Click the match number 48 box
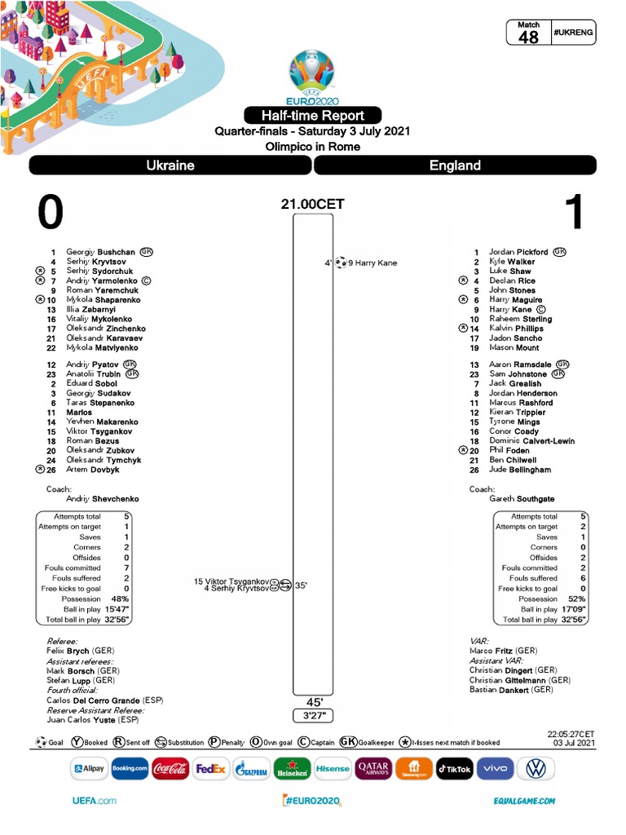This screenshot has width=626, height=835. coord(528,33)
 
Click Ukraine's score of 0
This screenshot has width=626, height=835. coord(51,213)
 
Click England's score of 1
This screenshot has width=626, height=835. coord(574,213)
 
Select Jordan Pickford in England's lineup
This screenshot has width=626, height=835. coord(518,253)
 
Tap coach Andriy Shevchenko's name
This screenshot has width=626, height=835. coord(103,499)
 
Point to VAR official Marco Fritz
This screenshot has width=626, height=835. coord(504,652)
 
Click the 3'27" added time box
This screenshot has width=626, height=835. coord(314,716)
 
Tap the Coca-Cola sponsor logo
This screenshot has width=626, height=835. coord(170,768)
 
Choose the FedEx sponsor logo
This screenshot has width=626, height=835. coord(210,768)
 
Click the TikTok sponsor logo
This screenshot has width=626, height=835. coord(454,768)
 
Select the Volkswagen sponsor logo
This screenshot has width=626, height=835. coord(536,768)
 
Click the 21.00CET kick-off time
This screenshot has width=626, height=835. coord(313,205)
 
